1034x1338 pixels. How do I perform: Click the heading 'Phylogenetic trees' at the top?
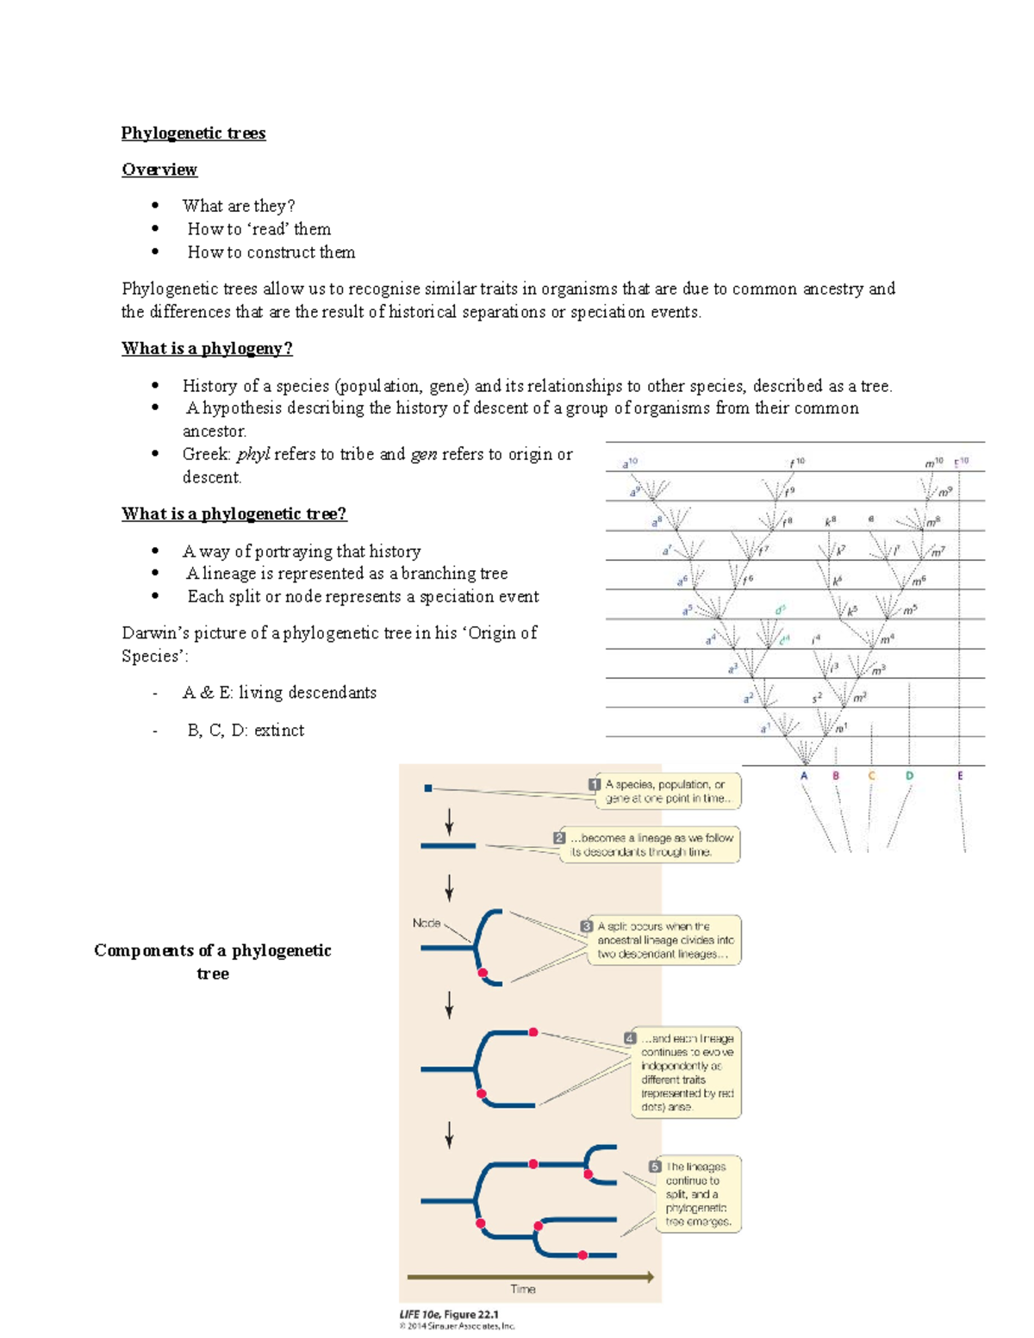193,133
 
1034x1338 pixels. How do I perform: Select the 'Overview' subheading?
159,170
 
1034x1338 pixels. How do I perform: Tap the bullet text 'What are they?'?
239,206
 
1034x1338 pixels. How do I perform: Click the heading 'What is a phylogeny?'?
207,348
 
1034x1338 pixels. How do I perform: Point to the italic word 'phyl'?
253,454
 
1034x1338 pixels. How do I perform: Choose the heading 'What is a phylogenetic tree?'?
234,513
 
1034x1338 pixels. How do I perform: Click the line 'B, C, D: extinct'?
246,730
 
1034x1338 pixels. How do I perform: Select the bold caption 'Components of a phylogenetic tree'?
212,961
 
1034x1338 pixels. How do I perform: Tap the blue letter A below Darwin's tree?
804,775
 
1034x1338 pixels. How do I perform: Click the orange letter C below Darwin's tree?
871,775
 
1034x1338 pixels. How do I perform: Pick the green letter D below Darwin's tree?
909,775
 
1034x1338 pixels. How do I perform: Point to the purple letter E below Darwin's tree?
960,775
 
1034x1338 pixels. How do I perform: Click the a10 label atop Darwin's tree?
630,464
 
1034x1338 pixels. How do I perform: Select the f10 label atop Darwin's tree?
797,463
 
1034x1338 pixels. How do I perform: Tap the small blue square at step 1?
428,787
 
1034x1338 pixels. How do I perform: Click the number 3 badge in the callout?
586,926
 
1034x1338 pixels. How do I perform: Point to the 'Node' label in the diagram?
427,923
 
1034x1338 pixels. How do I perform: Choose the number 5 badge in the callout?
655,1167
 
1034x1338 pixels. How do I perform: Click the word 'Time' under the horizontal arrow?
523,1289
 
